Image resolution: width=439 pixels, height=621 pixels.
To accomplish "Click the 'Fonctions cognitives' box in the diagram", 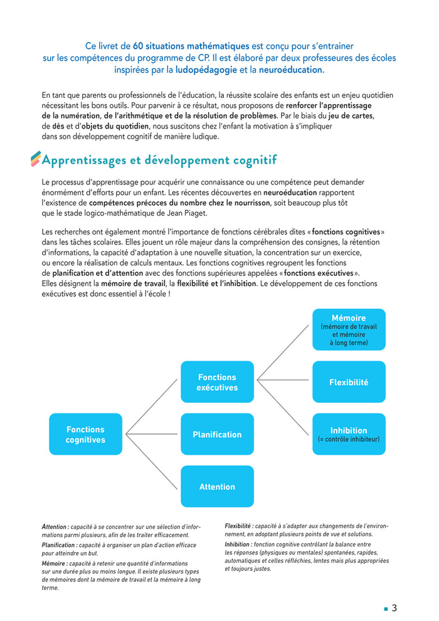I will tap(85, 434).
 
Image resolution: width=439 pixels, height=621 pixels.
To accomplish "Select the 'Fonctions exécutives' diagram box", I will tap(217, 382).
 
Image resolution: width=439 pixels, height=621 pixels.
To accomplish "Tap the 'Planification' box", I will tap(217, 434).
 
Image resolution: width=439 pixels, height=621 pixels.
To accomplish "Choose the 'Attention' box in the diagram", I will tap(217, 486).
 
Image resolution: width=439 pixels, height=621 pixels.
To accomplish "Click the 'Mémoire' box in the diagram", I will tap(349, 329).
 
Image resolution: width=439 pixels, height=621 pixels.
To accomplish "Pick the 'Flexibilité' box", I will tap(349, 382).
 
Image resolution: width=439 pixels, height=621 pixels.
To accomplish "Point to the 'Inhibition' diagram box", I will tap(349, 434).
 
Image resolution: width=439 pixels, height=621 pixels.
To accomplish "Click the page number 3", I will tap(394, 608).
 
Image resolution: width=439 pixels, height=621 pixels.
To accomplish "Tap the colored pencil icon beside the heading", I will tap(36, 159).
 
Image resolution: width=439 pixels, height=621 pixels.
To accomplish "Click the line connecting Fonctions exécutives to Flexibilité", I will tap(283, 381).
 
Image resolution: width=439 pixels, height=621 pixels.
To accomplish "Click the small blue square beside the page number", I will tap(386, 608).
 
